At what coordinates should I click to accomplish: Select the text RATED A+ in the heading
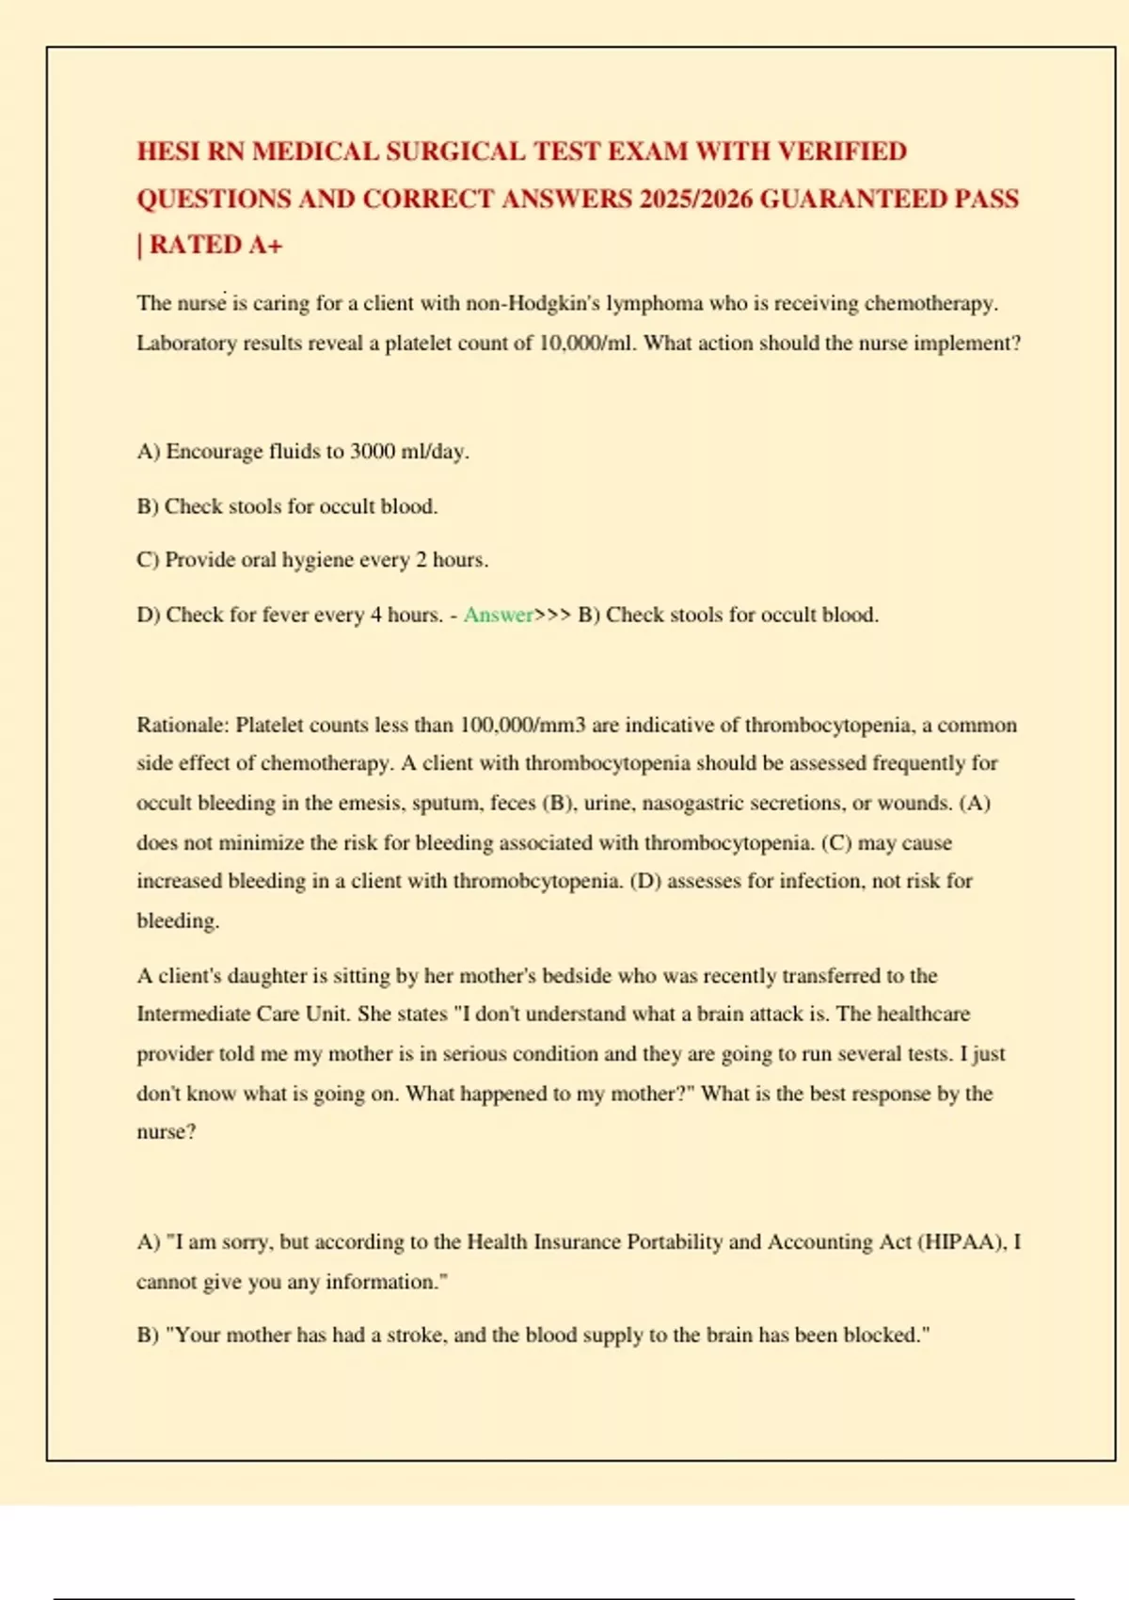215,246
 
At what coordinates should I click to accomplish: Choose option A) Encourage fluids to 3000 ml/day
302,452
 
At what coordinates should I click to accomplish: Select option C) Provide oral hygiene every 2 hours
312,560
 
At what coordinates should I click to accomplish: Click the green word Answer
498,615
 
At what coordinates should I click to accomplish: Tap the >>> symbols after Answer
552,615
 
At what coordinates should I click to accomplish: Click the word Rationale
183,725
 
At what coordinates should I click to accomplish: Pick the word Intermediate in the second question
193,1014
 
